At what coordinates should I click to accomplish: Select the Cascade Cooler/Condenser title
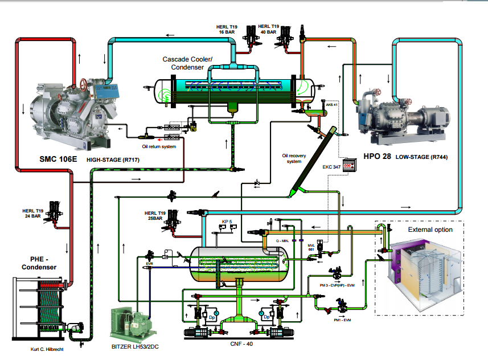(x=187, y=63)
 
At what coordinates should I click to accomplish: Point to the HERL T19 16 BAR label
(x=227, y=29)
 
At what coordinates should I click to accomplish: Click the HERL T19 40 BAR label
(x=268, y=29)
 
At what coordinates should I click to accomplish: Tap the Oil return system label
(x=159, y=146)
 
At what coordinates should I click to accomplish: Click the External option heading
(x=430, y=230)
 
